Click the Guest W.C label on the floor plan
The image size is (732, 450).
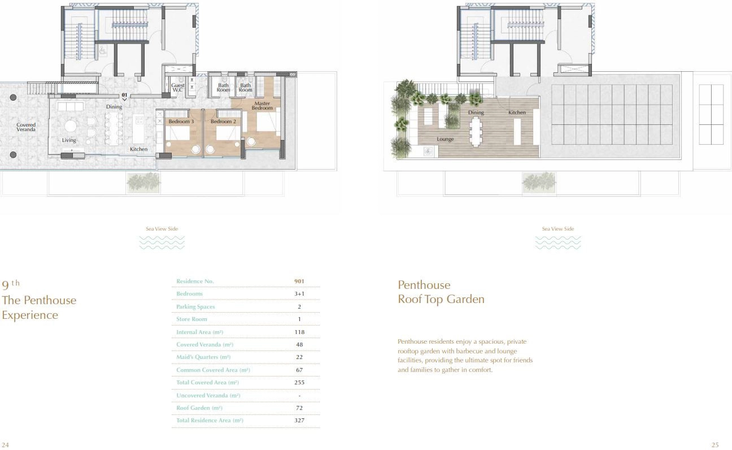[x=178, y=87]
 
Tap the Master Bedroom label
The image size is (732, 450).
[x=262, y=106]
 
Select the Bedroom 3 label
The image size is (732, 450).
[x=181, y=122]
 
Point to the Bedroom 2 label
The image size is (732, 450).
[x=223, y=122]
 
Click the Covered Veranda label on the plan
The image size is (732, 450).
[x=26, y=127]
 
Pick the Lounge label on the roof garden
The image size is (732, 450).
[x=445, y=139]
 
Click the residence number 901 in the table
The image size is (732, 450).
[x=299, y=282]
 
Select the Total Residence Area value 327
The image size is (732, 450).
[x=299, y=420]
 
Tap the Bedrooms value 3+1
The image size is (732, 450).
[x=299, y=293]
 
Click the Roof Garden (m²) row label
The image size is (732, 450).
[x=199, y=408]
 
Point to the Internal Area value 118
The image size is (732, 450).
[x=299, y=332]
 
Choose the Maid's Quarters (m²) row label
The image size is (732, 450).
[x=203, y=357]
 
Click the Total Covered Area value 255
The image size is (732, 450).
[x=299, y=382]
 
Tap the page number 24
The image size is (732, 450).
[x=5, y=445]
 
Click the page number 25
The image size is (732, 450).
[x=715, y=445]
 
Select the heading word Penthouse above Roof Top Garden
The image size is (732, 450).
[x=424, y=285]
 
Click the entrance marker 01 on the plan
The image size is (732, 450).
[x=124, y=95]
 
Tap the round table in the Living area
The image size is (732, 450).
[x=70, y=126]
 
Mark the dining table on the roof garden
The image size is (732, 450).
[x=476, y=132]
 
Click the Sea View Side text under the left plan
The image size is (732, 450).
[x=162, y=229]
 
